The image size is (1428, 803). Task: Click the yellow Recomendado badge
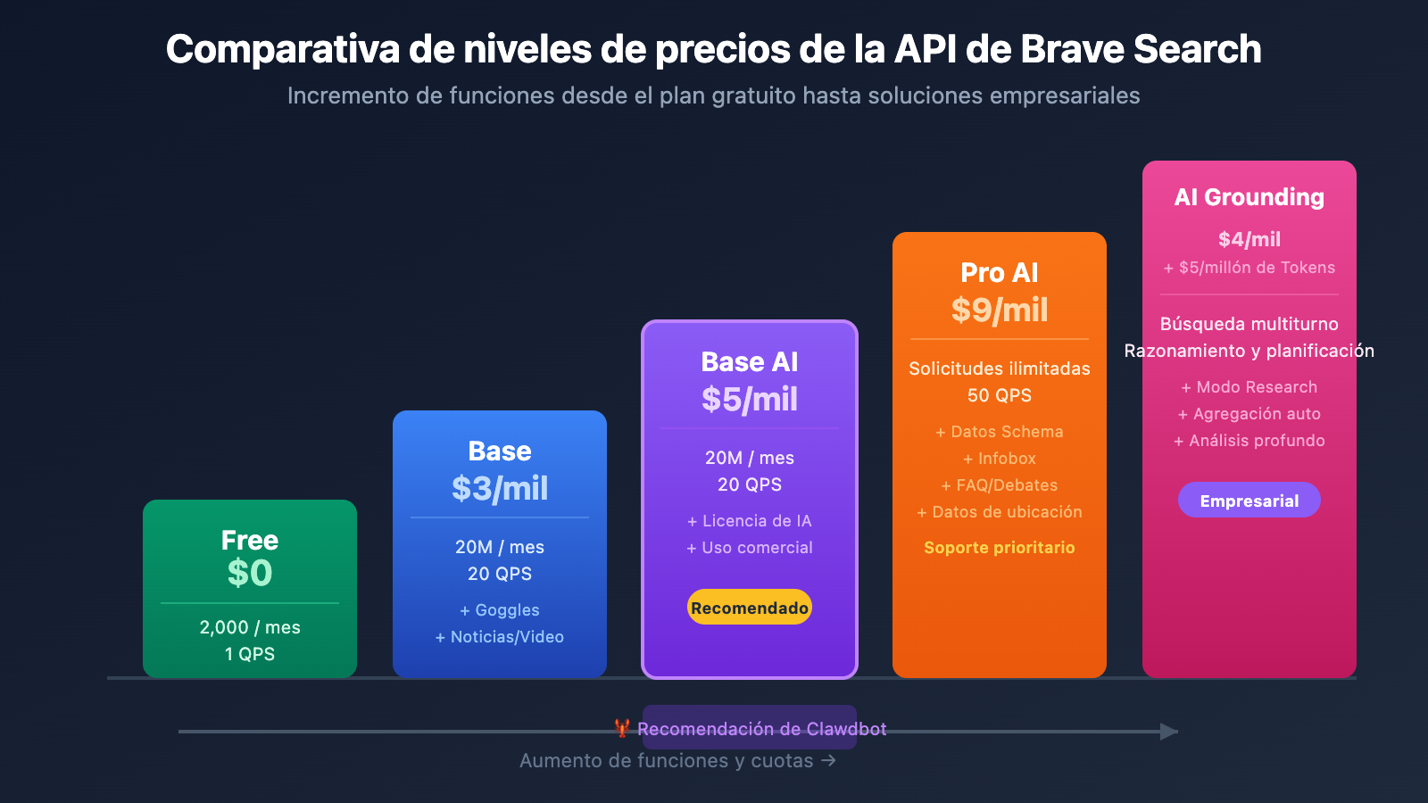pos(750,608)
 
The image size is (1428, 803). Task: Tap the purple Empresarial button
pos(1249,501)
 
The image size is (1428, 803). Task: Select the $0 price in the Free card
pos(250,573)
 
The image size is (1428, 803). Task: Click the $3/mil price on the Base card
pos(500,488)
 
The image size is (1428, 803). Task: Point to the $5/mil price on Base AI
pos(750,399)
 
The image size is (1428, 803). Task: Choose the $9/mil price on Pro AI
pos(1000,310)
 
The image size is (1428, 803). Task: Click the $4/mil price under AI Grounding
pos(1249,239)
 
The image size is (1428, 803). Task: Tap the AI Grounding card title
pos(1249,197)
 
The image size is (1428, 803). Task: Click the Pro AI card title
pos(1000,272)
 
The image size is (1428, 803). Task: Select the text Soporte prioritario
pos(1000,548)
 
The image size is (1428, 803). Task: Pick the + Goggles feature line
pos(500,610)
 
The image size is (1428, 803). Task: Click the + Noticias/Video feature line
pos(500,637)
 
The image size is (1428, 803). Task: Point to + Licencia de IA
pos(750,521)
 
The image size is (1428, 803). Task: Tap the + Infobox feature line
pos(1000,459)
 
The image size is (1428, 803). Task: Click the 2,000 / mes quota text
pos(250,627)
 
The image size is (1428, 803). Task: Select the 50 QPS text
pos(1000,395)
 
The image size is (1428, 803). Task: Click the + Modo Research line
pos(1249,387)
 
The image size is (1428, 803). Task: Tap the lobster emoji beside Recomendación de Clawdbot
pos(622,728)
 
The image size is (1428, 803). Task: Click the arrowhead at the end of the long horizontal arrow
pos(1169,732)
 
